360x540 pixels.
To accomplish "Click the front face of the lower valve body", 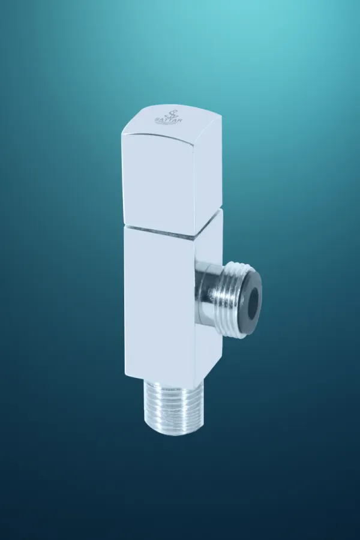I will (x=159, y=300).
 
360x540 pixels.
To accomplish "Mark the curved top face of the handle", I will (x=174, y=120).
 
